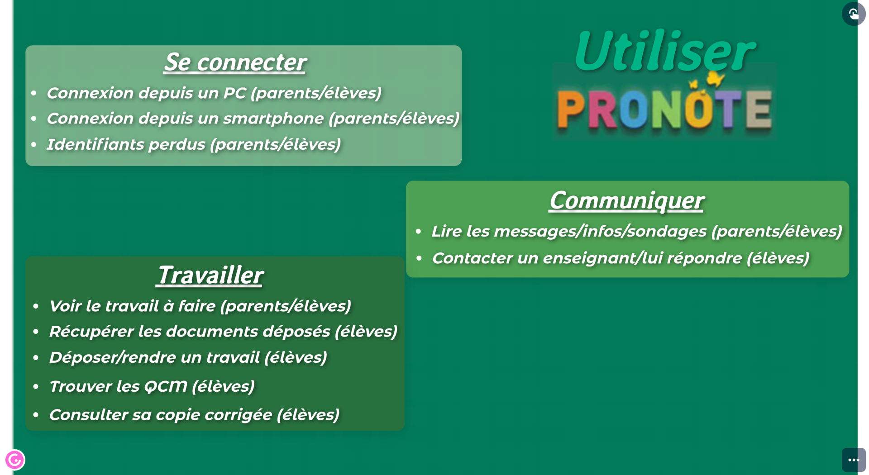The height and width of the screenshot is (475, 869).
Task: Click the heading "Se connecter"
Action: pyautogui.click(x=235, y=62)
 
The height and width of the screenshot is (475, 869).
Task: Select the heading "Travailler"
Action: pyautogui.click(x=210, y=275)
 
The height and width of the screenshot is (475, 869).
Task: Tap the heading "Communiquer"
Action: pyautogui.click(x=626, y=200)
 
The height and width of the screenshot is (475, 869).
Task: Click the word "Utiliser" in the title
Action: pyautogui.click(x=664, y=51)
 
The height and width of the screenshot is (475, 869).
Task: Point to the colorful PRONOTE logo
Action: pyautogui.click(x=664, y=109)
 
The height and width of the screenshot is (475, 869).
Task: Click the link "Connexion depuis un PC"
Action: pyautogui.click(x=146, y=93)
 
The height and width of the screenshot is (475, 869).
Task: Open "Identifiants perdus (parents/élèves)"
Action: pyautogui.click(x=194, y=144)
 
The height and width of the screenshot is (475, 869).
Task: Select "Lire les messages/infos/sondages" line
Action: pyautogui.click(x=568, y=231)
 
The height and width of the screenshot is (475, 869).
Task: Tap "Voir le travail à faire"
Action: pyautogui.click(x=132, y=306)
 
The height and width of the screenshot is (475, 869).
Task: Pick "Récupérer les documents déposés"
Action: pyautogui.click(x=190, y=332)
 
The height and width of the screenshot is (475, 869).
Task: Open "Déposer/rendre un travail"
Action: pyautogui.click(x=154, y=357)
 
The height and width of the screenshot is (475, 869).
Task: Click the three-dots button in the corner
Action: pyautogui.click(x=854, y=460)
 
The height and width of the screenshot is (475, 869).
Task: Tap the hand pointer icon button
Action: pyautogui.click(x=854, y=14)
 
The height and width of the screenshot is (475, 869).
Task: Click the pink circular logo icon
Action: pyautogui.click(x=15, y=460)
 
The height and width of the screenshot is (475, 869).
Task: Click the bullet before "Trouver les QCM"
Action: pyautogui.click(x=36, y=387)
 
